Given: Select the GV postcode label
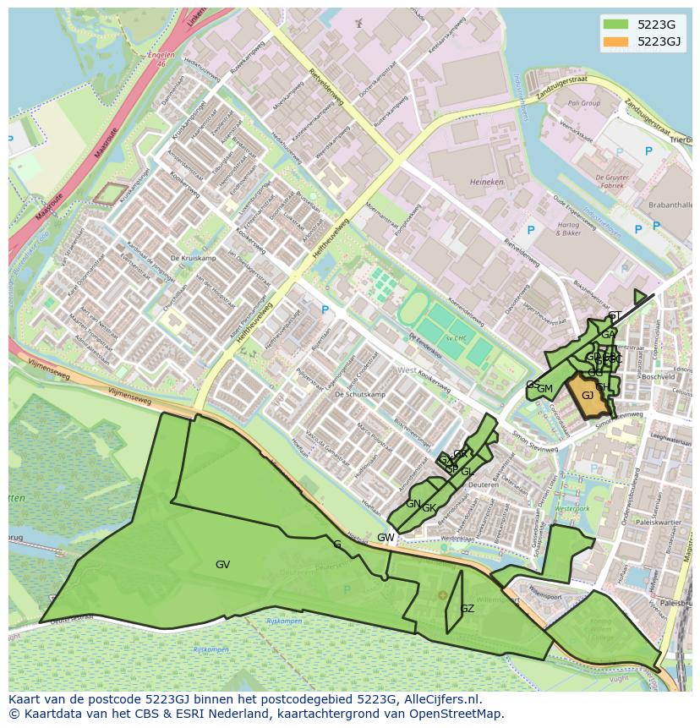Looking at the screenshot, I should click(222, 565).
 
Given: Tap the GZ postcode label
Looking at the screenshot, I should click(467, 609).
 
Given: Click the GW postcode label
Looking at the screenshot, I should click(386, 538).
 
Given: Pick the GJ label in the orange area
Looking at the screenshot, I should click(588, 396).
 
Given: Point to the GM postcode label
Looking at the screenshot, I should click(545, 389).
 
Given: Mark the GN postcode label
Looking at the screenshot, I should click(413, 504).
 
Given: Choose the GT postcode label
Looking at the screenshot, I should click(615, 316).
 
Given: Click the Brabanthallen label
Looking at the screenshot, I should click(670, 205).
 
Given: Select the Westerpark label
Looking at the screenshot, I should click(571, 509).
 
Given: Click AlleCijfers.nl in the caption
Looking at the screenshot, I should click(440, 699).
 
